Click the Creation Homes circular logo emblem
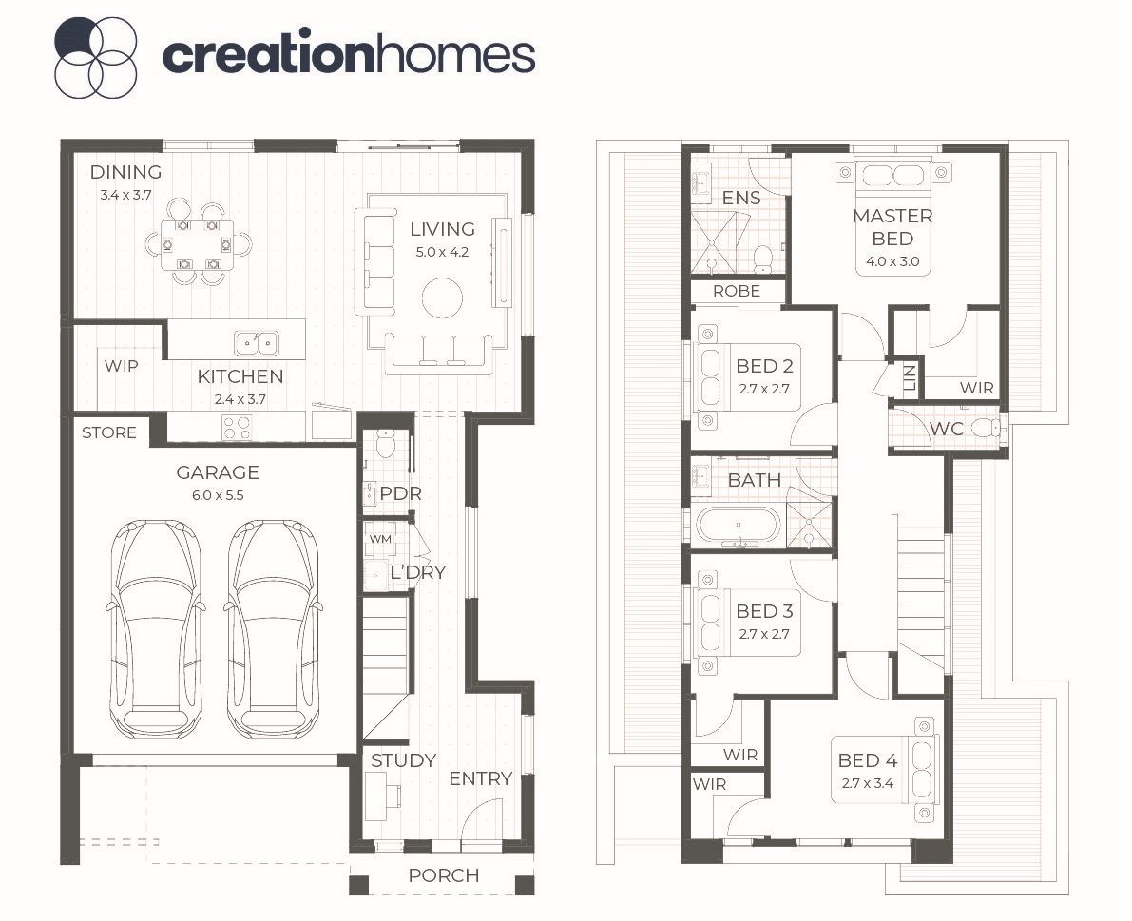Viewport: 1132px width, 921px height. pyautogui.click(x=95, y=57)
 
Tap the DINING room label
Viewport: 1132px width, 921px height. pyautogui.click(x=125, y=172)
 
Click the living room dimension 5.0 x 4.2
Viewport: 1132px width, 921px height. pyautogui.click(x=442, y=252)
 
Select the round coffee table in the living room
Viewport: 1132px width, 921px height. pyautogui.click(x=442, y=297)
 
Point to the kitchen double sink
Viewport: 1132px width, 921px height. pyautogui.click(x=257, y=343)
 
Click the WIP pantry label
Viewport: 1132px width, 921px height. pyautogui.click(x=121, y=366)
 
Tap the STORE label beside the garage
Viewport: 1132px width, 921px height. pyautogui.click(x=109, y=432)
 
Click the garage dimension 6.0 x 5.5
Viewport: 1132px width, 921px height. pyautogui.click(x=218, y=495)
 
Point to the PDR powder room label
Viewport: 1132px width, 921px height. pyautogui.click(x=401, y=493)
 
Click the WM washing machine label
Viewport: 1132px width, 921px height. pyautogui.click(x=380, y=539)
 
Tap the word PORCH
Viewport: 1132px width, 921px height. pyautogui.click(x=443, y=875)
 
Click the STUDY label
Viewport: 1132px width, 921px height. pyautogui.click(x=404, y=760)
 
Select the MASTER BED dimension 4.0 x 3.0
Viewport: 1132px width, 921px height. pyautogui.click(x=892, y=261)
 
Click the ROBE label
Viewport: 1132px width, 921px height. pyautogui.click(x=737, y=291)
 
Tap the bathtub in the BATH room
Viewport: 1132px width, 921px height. pyautogui.click(x=738, y=526)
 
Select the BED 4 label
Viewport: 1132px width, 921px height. pyautogui.click(x=867, y=760)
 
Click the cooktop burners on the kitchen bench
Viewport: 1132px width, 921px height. pyautogui.click(x=237, y=427)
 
